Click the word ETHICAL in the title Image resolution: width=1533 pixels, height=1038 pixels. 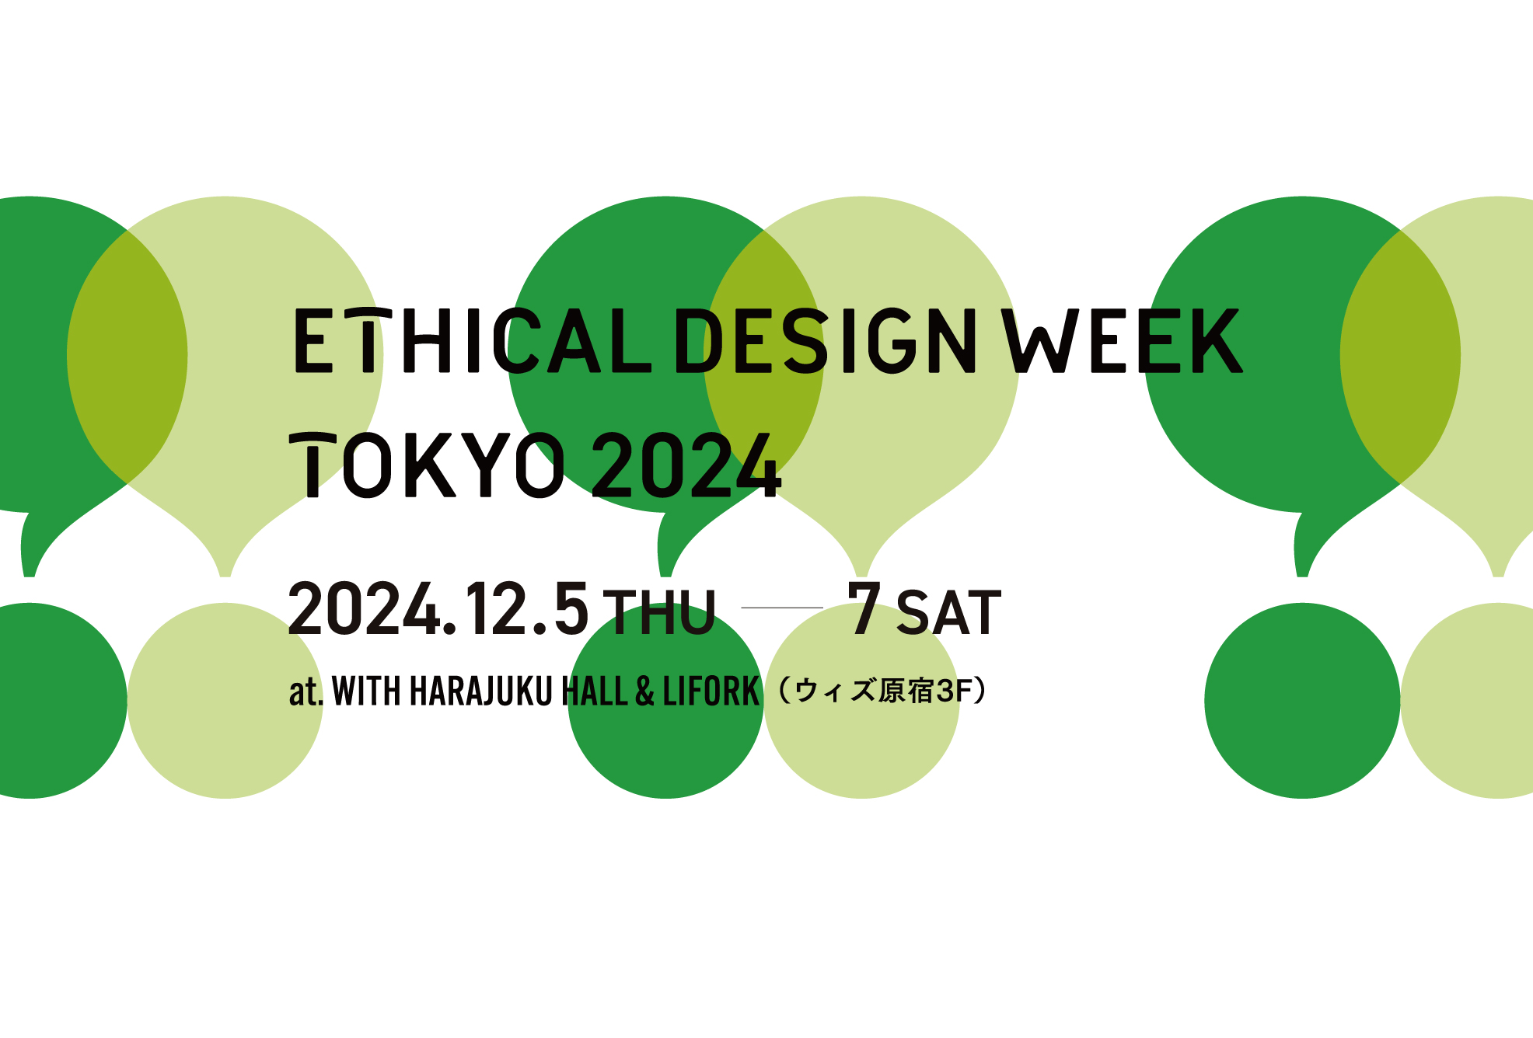pos(473,340)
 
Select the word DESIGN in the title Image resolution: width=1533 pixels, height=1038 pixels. pos(826,340)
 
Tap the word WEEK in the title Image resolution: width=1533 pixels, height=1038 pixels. pos(1122,340)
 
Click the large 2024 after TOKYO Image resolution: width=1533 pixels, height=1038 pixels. pos(686,465)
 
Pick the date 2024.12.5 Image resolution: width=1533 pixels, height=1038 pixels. pos(439,609)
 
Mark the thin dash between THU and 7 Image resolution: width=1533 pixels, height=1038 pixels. pos(782,608)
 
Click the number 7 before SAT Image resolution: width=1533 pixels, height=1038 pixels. pos(864,608)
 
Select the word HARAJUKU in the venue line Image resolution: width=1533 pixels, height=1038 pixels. pos(480,691)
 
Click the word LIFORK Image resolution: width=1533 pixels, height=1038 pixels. pos(711,691)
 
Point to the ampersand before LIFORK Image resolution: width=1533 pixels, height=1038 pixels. pos(645,691)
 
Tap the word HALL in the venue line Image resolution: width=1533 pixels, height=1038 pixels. pos(595,691)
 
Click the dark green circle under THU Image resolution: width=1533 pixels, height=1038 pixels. pos(666,701)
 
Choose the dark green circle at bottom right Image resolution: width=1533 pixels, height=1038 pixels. pos(1302,701)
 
